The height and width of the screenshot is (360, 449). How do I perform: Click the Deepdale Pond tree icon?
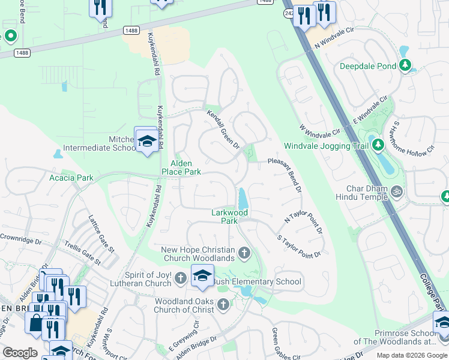(406, 65)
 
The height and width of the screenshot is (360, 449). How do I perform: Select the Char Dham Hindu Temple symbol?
(396, 191)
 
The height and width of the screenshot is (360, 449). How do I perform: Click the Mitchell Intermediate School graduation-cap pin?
(145, 141)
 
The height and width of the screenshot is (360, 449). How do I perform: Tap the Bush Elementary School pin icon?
(202, 276)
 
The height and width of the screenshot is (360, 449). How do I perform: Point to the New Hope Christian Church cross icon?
(244, 253)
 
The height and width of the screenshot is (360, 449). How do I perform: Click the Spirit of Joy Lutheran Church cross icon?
(181, 278)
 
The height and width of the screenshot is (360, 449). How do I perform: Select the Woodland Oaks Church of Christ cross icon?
(223, 305)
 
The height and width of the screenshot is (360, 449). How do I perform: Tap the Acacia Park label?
(71, 178)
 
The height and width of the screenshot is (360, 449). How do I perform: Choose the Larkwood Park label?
(229, 217)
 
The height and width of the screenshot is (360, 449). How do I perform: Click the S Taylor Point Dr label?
(298, 247)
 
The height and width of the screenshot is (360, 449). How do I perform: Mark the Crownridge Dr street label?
(20, 238)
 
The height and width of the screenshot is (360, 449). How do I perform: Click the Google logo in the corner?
(20, 353)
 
